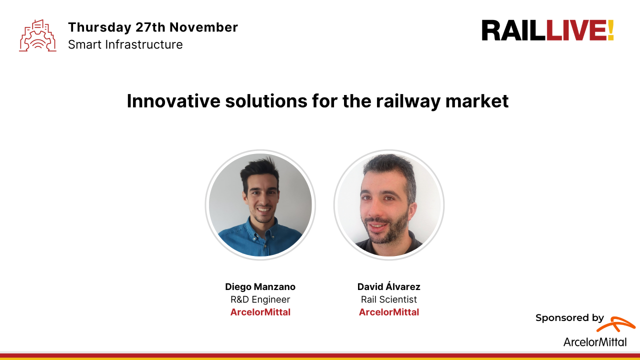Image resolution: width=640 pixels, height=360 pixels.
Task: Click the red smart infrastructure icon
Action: click(x=37, y=35)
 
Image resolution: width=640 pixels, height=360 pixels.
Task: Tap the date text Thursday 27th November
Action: click(x=153, y=27)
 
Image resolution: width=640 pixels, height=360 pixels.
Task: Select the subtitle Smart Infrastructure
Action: click(x=125, y=44)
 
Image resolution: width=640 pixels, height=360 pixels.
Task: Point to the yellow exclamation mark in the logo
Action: click(x=610, y=31)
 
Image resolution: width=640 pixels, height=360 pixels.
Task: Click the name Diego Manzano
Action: click(x=260, y=287)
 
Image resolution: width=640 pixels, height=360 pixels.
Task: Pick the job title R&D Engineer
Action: click(x=260, y=299)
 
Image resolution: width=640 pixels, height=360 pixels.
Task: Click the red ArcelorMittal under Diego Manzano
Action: click(x=260, y=312)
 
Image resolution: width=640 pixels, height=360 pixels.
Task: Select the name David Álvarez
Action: click(x=389, y=287)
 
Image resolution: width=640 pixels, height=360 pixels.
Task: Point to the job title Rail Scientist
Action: click(x=389, y=299)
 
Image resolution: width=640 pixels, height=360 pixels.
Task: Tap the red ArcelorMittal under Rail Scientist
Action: click(x=389, y=312)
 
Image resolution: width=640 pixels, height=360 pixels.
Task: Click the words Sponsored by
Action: click(x=569, y=318)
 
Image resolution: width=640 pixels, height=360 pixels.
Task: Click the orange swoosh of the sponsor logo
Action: click(x=616, y=324)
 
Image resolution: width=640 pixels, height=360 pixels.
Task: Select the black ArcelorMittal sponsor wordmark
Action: click(x=595, y=342)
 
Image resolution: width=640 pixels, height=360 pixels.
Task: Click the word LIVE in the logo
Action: click(x=576, y=31)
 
